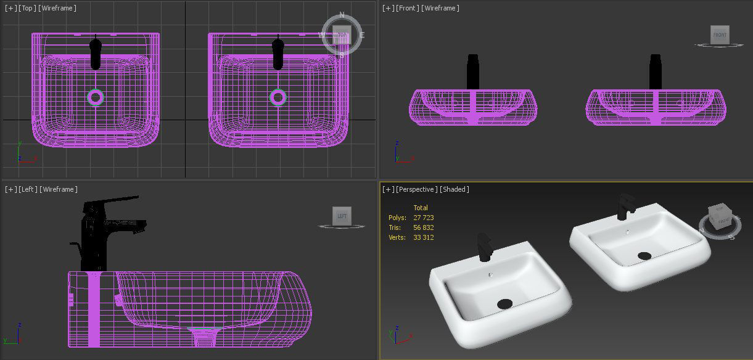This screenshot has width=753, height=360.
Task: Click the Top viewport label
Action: click(x=28, y=8)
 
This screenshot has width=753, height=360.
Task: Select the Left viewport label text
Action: click(x=28, y=189)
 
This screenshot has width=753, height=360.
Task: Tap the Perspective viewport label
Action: click(x=416, y=189)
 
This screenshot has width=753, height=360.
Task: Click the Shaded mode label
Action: click(x=455, y=189)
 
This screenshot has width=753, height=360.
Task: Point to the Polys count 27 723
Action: click(x=423, y=218)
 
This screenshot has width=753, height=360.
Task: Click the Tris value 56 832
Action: click(x=423, y=227)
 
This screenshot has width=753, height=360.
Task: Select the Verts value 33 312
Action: click(x=423, y=237)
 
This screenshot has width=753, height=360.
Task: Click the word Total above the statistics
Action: click(x=421, y=208)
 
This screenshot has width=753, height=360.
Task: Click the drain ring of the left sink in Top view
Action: click(x=96, y=97)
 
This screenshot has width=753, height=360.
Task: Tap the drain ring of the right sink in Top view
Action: click(x=278, y=97)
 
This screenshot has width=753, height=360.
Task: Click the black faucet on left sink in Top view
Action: click(x=96, y=54)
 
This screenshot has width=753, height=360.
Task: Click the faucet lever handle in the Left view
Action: click(x=117, y=201)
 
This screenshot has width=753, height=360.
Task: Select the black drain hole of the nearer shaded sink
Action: click(x=505, y=303)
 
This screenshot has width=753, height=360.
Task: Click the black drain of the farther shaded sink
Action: click(x=644, y=255)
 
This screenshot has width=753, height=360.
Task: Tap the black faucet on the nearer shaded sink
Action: click(x=484, y=247)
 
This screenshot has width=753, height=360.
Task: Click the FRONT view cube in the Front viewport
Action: click(x=719, y=35)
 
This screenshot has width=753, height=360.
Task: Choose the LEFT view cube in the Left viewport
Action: click(x=342, y=216)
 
